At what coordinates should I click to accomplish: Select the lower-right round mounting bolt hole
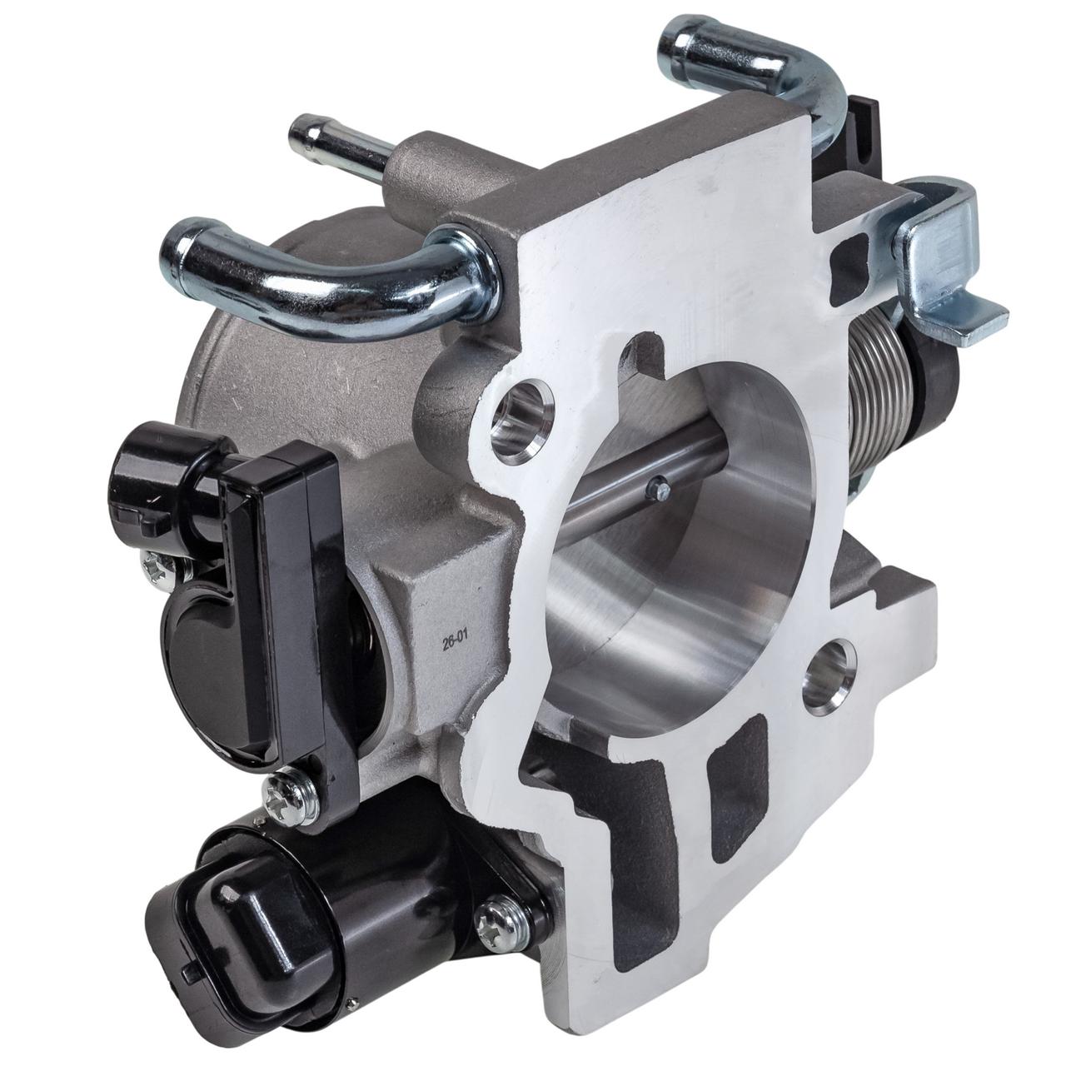click(826, 677)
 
